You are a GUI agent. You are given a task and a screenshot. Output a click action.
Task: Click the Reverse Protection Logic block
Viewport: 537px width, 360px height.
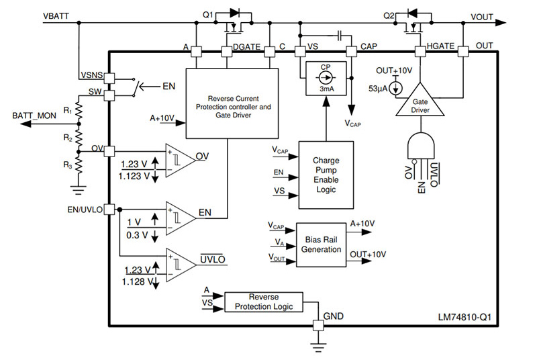click(263, 302)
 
